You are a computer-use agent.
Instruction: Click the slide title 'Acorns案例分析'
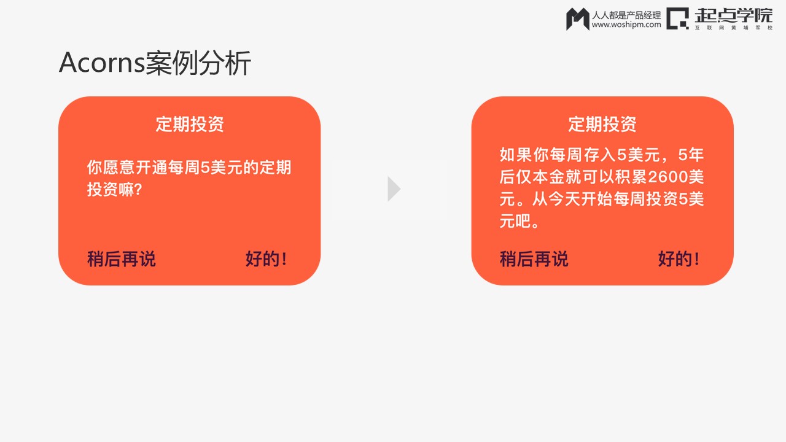155,63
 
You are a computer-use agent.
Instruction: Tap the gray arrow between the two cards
394,189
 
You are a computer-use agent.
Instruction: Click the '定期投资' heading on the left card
190,124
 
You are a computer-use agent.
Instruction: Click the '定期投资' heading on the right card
602,124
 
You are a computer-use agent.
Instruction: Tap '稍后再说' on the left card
122,259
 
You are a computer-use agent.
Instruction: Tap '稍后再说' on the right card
534,259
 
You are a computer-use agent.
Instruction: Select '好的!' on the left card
266,259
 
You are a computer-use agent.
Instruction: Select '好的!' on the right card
679,259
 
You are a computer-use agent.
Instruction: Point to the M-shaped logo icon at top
578,19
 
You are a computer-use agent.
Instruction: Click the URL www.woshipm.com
626,25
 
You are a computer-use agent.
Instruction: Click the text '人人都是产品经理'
626,15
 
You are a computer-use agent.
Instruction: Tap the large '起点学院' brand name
734,16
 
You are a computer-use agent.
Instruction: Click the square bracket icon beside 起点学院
677,18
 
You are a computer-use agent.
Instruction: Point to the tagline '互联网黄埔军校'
734,28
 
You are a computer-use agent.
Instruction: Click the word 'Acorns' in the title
102,63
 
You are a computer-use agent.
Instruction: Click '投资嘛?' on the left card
115,190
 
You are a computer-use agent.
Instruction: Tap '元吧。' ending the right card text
519,222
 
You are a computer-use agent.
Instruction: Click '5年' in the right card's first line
691,155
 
